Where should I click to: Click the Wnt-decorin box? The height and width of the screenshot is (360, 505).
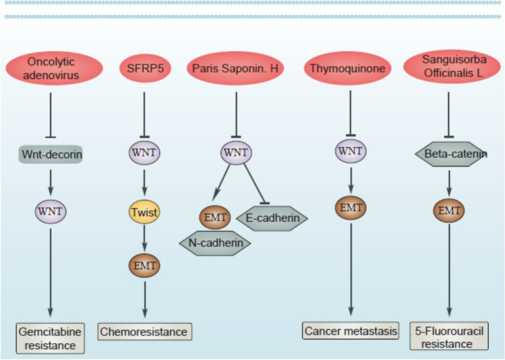click(51, 154)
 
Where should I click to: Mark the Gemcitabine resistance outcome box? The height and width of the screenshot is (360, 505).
click(51, 338)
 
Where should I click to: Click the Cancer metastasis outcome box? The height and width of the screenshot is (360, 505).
click(350, 331)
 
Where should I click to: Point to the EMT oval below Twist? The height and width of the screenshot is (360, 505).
click(145, 266)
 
